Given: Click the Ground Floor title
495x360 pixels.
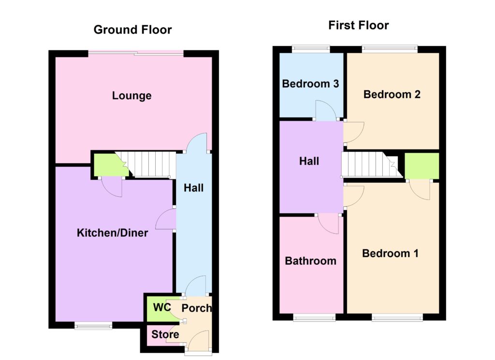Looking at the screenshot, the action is (x=132, y=29).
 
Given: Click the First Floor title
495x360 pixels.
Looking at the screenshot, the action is (x=358, y=25).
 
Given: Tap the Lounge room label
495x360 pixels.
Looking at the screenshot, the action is (x=131, y=96).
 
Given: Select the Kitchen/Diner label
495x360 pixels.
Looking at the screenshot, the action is (x=112, y=233).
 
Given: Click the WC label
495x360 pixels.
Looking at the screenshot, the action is (x=162, y=307).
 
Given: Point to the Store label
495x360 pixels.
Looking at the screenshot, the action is (x=165, y=334).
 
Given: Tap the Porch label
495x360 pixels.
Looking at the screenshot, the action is (x=196, y=308).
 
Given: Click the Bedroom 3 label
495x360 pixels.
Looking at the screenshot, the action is (x=310, y=84).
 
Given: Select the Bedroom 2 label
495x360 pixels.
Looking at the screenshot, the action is (x=392, y=94).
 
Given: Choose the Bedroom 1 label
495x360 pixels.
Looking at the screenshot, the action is (x=390, y=253).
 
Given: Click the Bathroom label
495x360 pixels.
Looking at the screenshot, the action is (x=310, y=261).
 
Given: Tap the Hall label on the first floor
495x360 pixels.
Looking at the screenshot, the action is (x=309, y=161).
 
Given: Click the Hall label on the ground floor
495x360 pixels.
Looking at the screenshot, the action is (x=193, y=188).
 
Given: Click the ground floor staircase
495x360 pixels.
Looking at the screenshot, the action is (x=148, y=164).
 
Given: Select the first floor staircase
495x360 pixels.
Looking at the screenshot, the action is (x=371, y=164).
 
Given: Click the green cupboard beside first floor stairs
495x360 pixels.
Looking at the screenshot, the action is (x=422, y=166).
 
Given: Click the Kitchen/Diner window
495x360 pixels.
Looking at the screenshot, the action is (x=93, y=325).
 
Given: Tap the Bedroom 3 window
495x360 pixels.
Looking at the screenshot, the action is (x=311, y=49).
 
